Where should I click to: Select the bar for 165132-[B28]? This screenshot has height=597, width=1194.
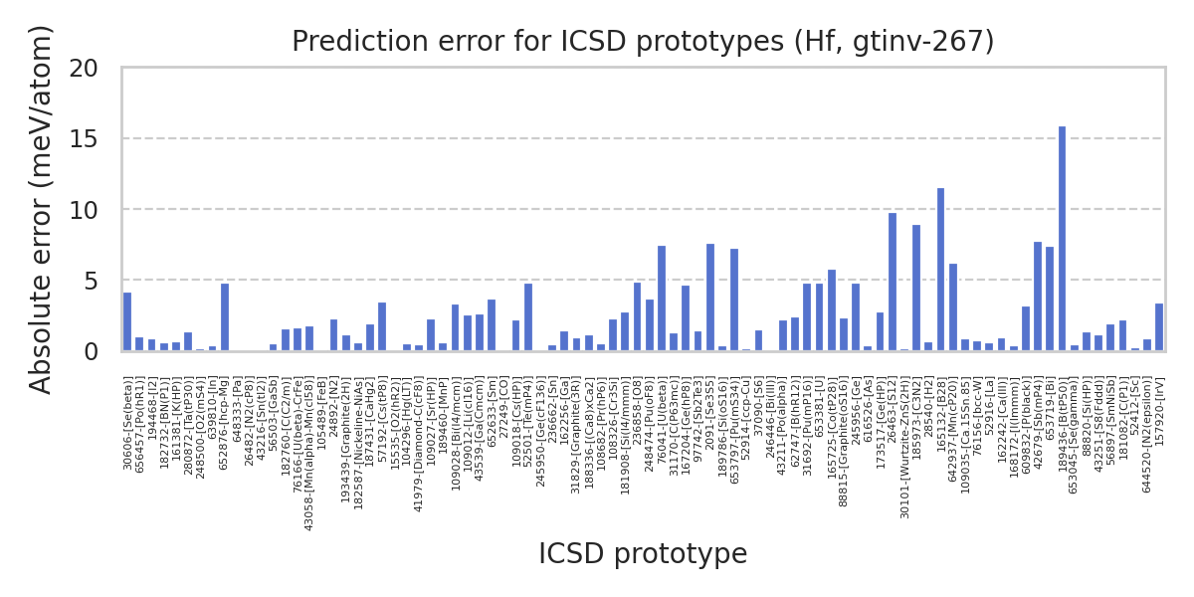coord(940,270)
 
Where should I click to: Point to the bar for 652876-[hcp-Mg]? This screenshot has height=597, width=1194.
coord(225,317)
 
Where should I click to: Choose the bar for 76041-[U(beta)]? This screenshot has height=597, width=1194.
coord(662,298)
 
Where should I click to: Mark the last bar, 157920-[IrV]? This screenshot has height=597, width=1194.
coord(1159,327)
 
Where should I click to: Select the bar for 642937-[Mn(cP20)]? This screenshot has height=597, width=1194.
coord(953,307)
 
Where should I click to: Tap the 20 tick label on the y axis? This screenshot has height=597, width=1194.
coord(85,68)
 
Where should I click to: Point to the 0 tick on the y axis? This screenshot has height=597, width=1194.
coord(91,351)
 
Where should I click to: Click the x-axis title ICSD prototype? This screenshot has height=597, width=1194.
coord(642,554)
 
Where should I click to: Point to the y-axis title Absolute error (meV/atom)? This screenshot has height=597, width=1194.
coord(41,209)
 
